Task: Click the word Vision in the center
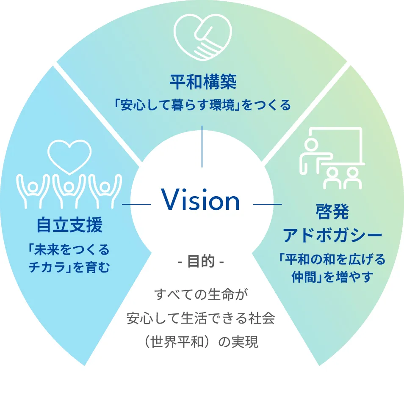click(x=201, y=200)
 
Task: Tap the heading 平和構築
click(x=202, y=82)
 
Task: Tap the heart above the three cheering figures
click(x=69, y=156)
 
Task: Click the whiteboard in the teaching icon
click(x=339, y=146)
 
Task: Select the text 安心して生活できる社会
click(x=201, y=318)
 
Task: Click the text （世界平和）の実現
click(x=201, y=342)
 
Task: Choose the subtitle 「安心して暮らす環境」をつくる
click(x=202, y=105)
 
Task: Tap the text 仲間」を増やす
click(x=332, y=277)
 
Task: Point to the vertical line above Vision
click(x=202, y=146)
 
